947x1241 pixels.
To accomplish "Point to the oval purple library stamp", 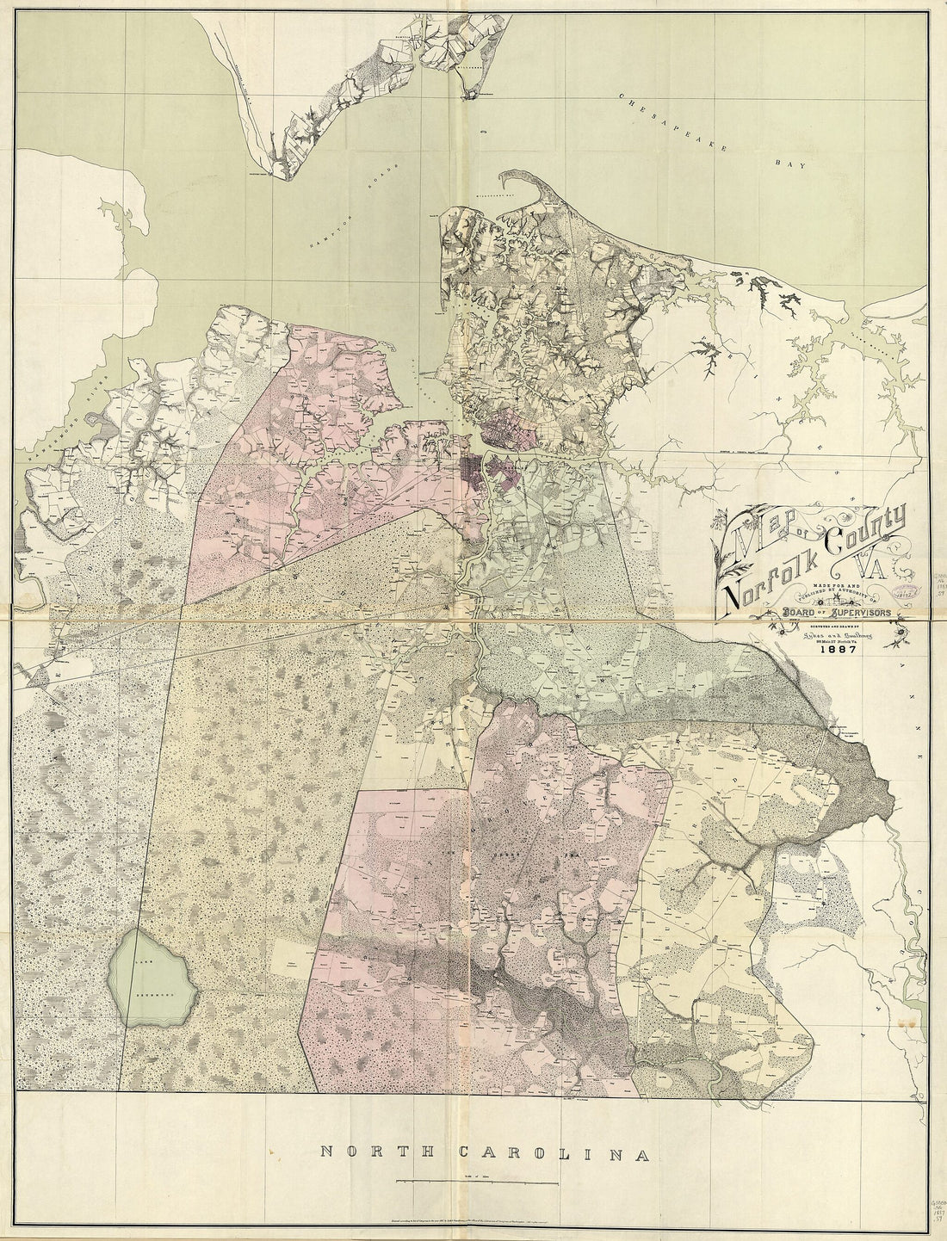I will (x=904, y=594).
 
